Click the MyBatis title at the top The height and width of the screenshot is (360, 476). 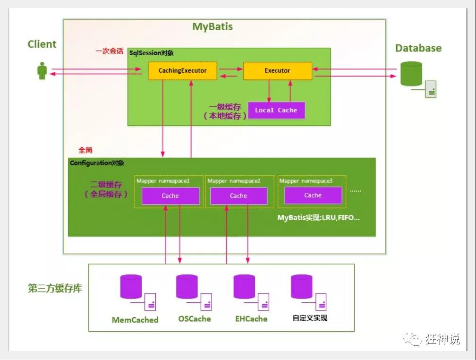[212, 26]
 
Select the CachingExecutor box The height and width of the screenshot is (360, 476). [182, 71]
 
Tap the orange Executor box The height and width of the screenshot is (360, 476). [277, 71]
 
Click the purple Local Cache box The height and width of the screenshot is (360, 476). [276, 111]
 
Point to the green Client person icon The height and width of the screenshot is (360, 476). [42, 71]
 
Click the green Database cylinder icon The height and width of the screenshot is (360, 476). [411, 74]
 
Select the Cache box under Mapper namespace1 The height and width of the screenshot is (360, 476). [170, 196]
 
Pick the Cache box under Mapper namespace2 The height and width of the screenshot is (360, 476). [238, 196]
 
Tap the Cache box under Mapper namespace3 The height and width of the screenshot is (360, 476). [313, 195]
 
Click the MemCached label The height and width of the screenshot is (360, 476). [135, 320]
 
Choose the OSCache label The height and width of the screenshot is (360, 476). [195, 319]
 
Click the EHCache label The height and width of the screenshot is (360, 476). [251, 319]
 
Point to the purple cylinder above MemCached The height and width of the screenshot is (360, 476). [131, 286]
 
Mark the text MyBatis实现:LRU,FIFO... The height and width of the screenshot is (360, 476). [318, 218]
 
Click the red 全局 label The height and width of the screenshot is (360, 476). [85, 150]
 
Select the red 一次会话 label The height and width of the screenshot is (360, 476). [110, 51]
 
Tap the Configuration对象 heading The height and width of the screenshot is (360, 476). [97, 163]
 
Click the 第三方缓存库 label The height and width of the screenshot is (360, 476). [55, 289]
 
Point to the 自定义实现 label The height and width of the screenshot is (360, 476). [310, 318]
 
